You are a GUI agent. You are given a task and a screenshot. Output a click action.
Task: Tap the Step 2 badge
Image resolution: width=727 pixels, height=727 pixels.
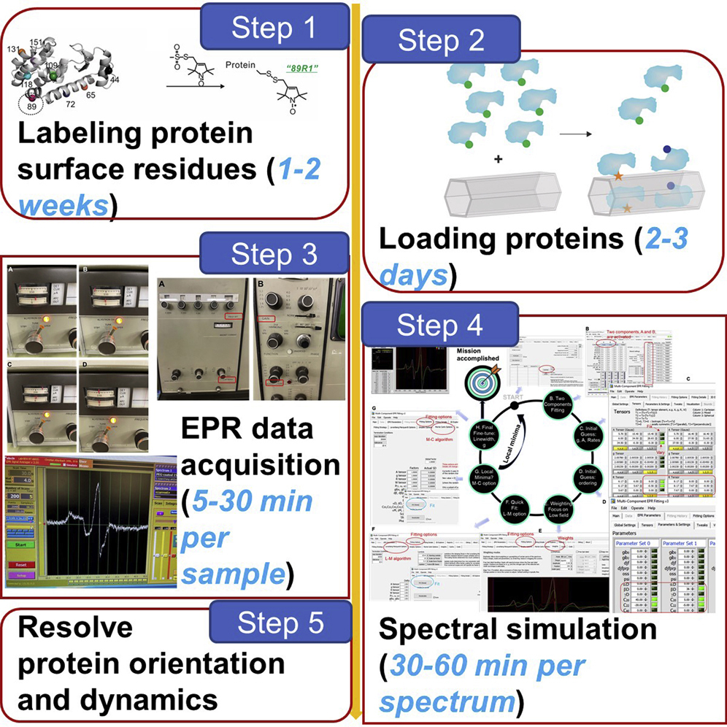(x=442, y=41)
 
